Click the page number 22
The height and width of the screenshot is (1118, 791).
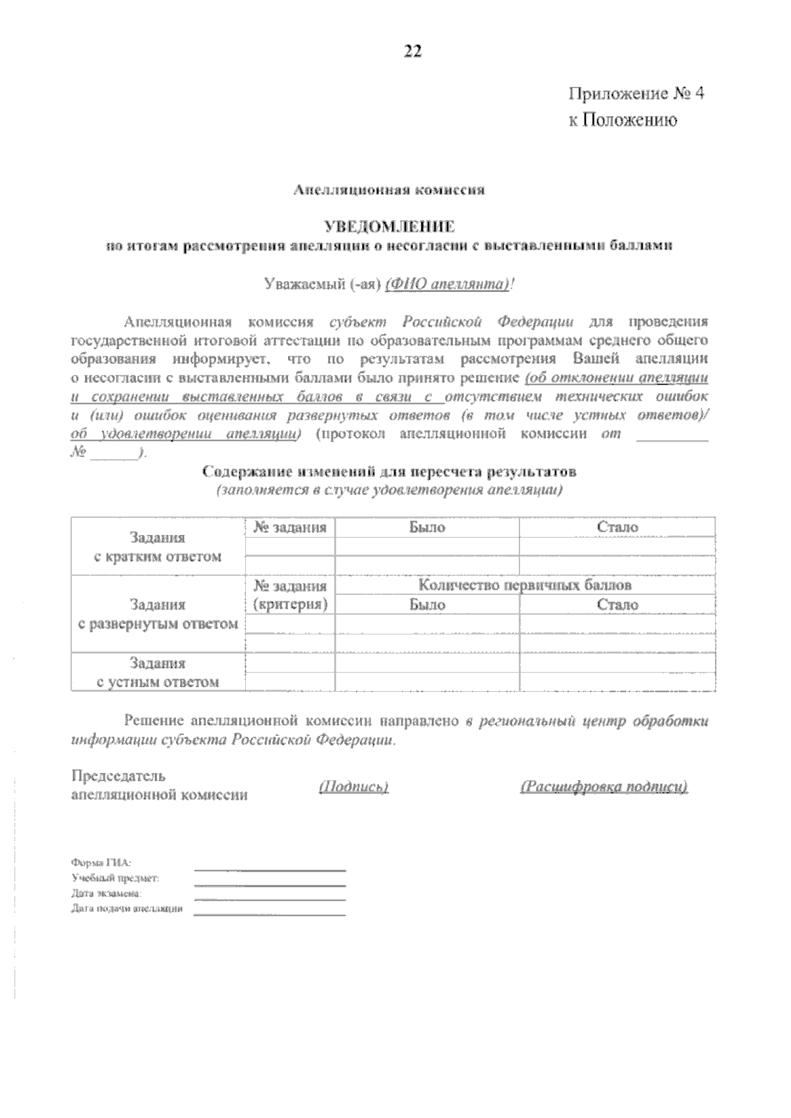pyautogui.click(x=413, y=52)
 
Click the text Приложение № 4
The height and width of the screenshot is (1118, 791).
pyautogui.click(x=636, y=94)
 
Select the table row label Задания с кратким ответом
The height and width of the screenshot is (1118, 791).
pyautogui.click(x=158, y=547)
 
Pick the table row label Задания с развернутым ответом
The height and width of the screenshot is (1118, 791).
pyautogui.click(x=158, y=614)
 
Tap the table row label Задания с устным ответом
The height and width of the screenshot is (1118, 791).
pyautogui.click(x=158, y=672)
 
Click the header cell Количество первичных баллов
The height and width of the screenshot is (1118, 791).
pyautogui.click(x=525, y=585)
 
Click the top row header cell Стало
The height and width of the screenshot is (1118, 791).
pyautogui.click(x=617, y=527)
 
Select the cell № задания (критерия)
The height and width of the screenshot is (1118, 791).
pyautogui.click(x=290, y=595)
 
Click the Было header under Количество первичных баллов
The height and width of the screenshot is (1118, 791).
pyautogui.click(x=426, y=605)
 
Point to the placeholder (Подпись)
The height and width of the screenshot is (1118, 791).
pyautogui.click(x=353, y=787)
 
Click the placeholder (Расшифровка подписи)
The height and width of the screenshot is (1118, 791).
pyautogui.click(x=604, y=787)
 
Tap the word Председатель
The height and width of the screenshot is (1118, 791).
pyautogui.click(x=119, y=776)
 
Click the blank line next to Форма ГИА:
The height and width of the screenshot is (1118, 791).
pyautogui.click(x=270, y=870)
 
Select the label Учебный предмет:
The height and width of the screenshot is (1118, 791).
pyautogui.click(x=115, y=878)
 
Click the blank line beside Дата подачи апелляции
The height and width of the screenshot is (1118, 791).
pyautogui.click(x=270, y=914)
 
